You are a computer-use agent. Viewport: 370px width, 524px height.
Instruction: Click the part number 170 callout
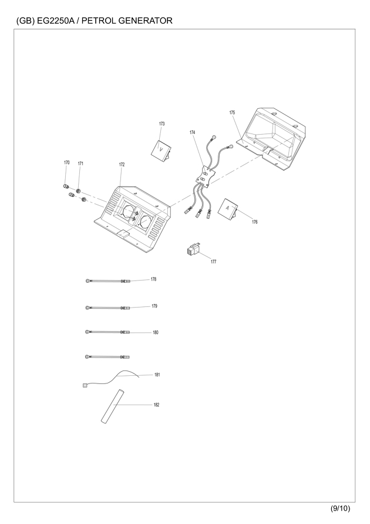tap(67, 162)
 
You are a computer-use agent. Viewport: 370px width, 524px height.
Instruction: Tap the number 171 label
tap(80, 163)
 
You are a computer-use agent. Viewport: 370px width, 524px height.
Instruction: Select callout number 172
tap(122, 165)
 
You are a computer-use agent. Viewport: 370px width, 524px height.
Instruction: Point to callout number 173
tap(162, 124)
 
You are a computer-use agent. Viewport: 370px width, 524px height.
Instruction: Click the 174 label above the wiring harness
tap(192, 132)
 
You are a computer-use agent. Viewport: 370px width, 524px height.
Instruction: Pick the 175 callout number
tap(232, 112)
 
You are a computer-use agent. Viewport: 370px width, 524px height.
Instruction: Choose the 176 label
tap(254, 222)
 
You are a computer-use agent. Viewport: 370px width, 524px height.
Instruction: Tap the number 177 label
tap(213, 262)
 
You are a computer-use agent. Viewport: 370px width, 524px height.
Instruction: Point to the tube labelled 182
tap(112, 406)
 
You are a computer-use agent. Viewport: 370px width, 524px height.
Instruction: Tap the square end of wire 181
tap(84, 385)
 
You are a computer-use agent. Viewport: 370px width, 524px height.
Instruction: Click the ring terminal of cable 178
tap(88, 281)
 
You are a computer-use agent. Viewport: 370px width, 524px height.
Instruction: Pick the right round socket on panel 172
tap(146, 221)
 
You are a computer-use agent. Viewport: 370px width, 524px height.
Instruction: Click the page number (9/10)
tap(340, 508)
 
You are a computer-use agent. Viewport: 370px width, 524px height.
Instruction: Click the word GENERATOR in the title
tap(145, 21)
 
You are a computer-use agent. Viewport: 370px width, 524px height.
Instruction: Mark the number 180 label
tap(156, 332)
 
